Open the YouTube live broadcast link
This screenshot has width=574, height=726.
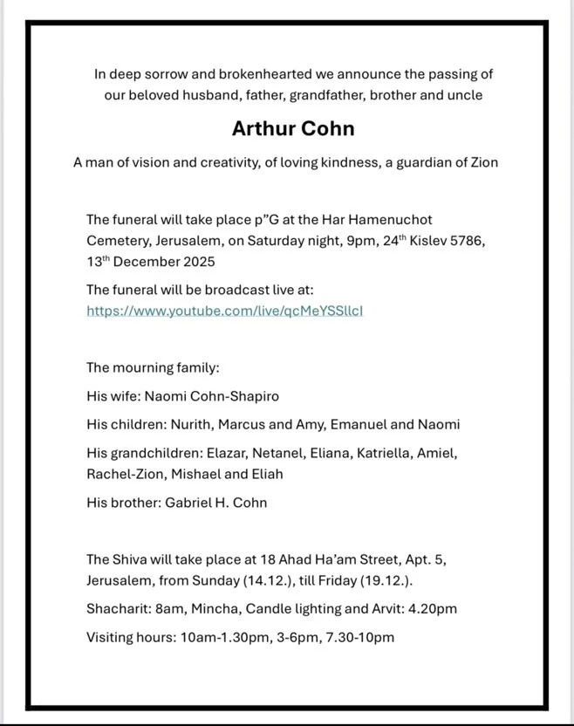[x=224, y=310]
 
